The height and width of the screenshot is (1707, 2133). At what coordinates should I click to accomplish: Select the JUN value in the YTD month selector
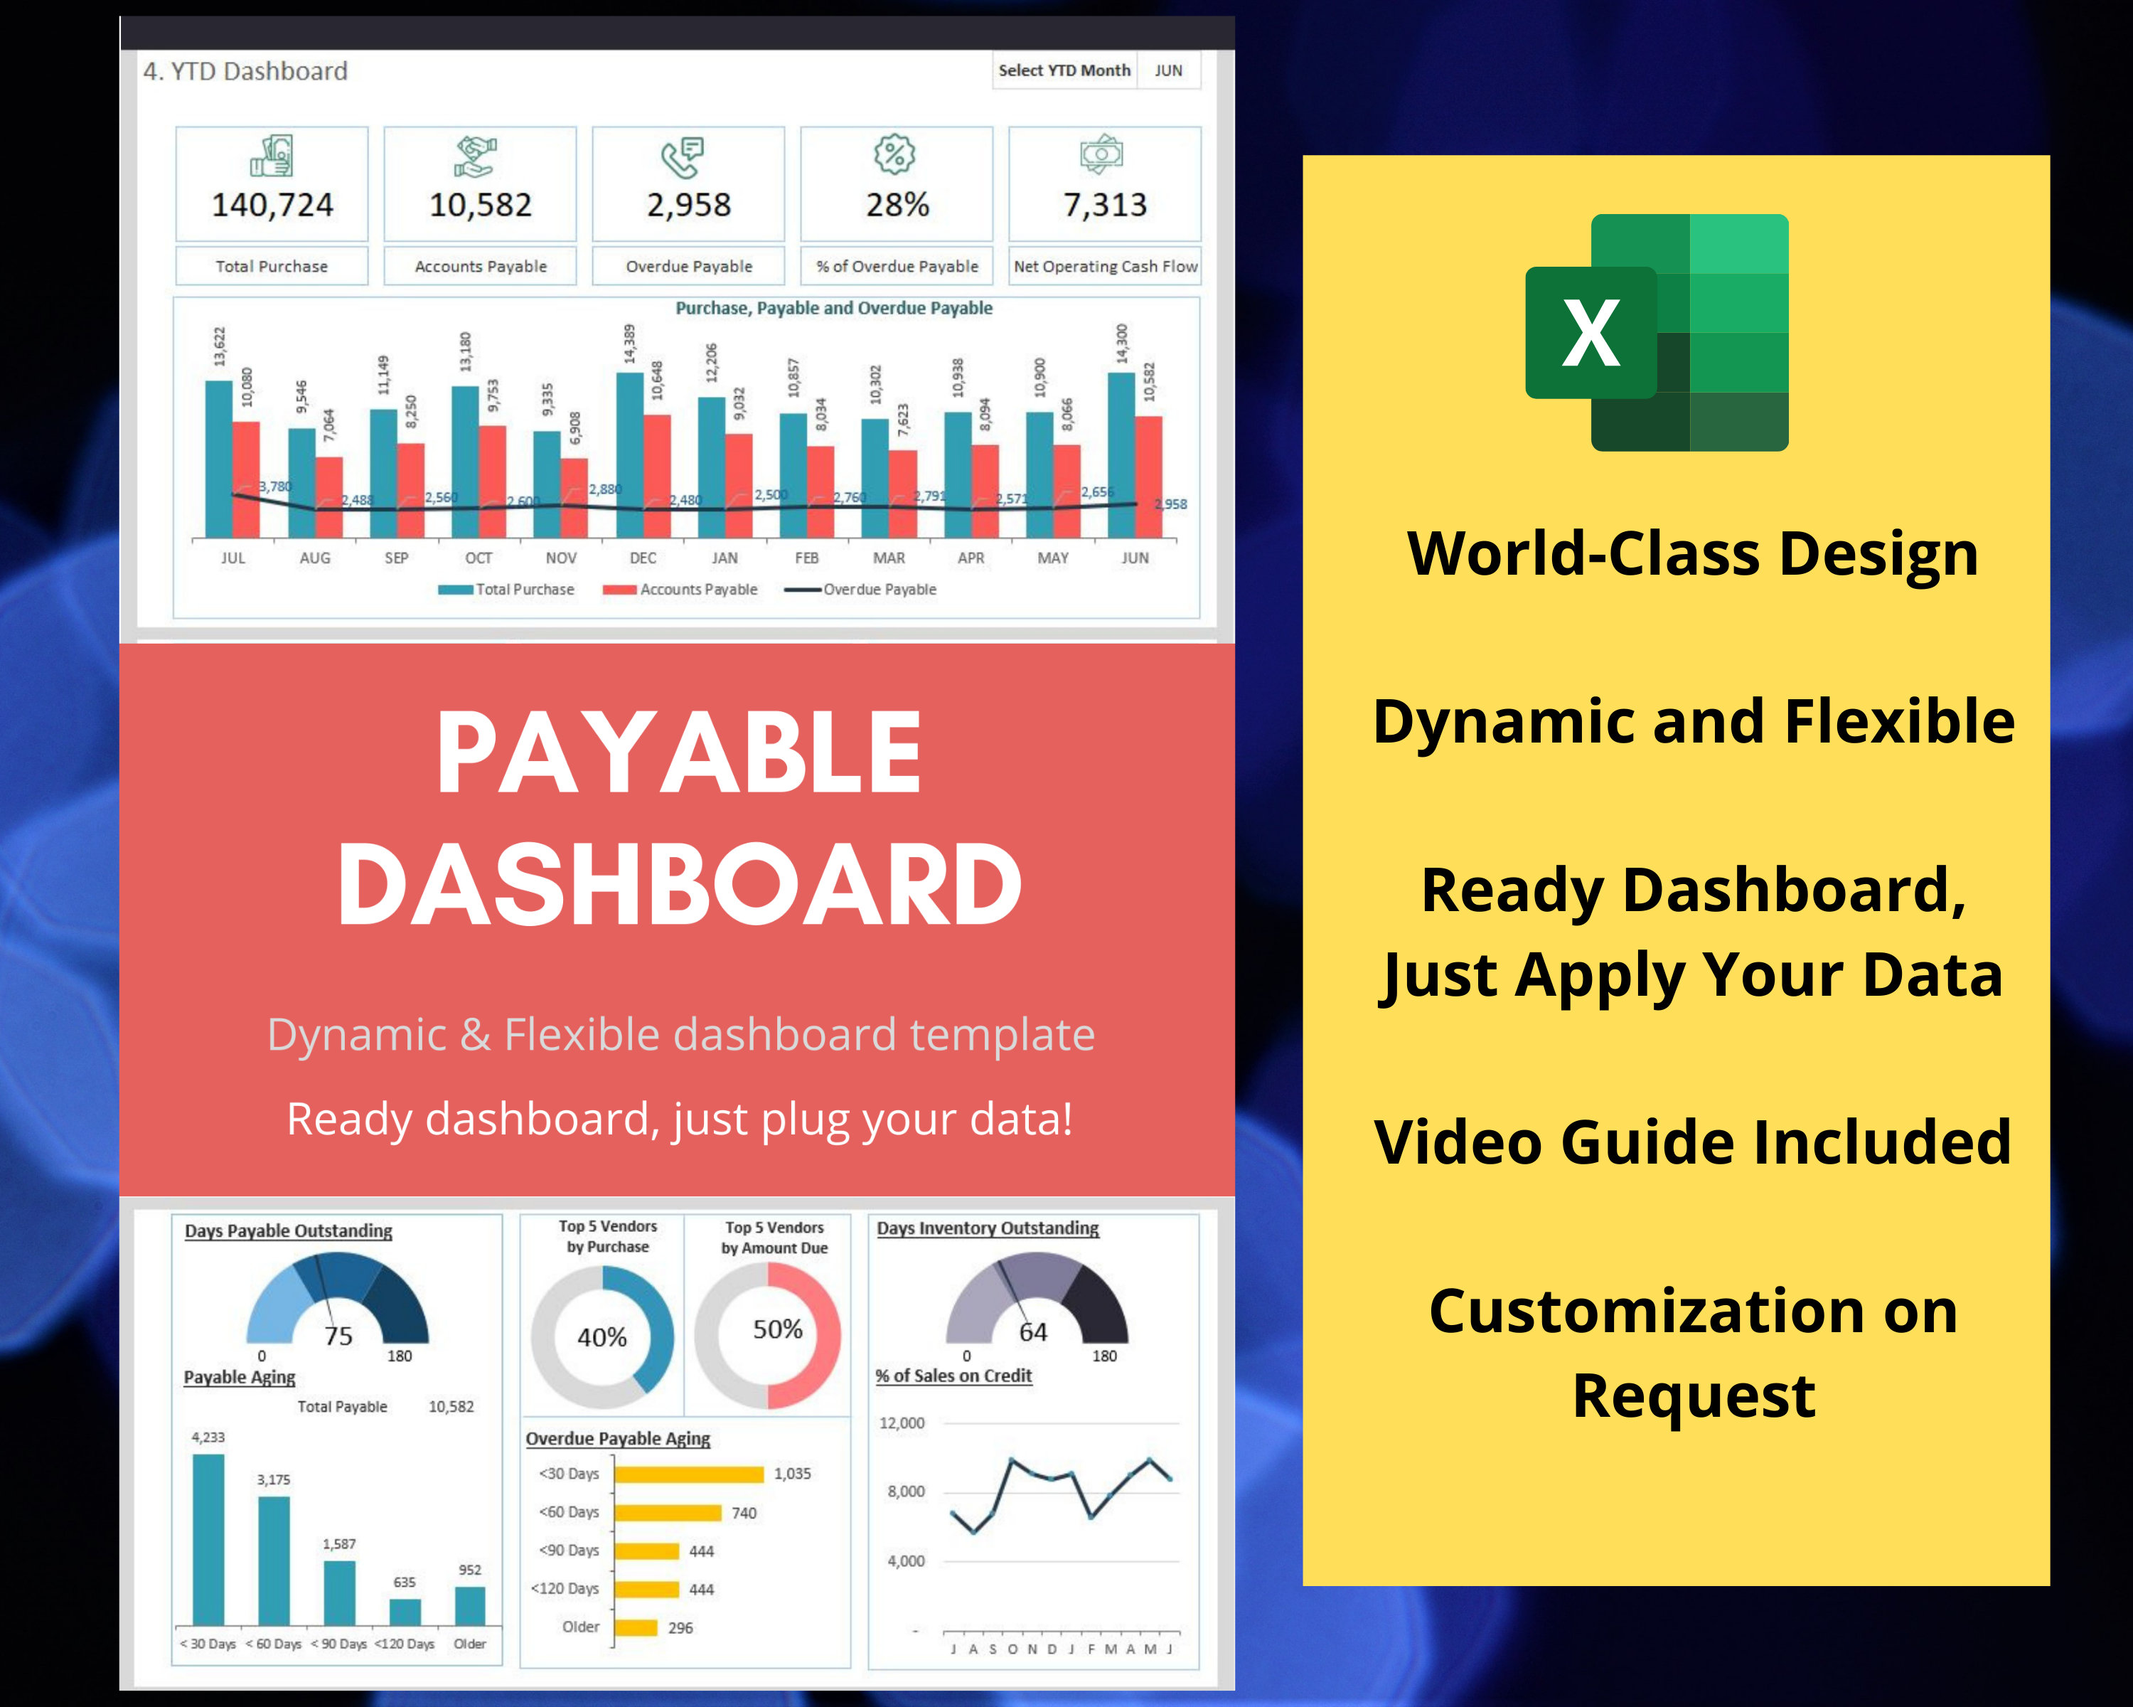1168,70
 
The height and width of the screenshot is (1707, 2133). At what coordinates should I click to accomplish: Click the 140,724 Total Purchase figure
272,205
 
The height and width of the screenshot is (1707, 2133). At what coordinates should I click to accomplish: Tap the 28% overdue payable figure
897,205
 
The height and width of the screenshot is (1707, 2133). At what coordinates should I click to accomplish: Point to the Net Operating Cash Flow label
1105,266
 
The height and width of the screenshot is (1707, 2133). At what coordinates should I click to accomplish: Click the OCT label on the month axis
479,558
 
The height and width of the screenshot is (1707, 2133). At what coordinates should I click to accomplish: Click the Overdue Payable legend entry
879,590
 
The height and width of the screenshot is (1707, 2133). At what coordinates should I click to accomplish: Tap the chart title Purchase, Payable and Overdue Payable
833,308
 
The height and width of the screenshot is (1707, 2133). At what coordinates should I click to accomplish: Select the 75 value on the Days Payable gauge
338,1336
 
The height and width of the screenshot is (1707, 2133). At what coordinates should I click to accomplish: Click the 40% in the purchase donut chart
602,1338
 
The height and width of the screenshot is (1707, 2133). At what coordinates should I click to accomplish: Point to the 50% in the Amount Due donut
778,1329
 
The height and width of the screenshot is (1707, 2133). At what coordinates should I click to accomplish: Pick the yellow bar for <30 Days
688,1474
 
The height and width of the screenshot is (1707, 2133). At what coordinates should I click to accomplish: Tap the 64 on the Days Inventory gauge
1033,1332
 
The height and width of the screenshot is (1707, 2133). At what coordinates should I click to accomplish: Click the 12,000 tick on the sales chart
902,1423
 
